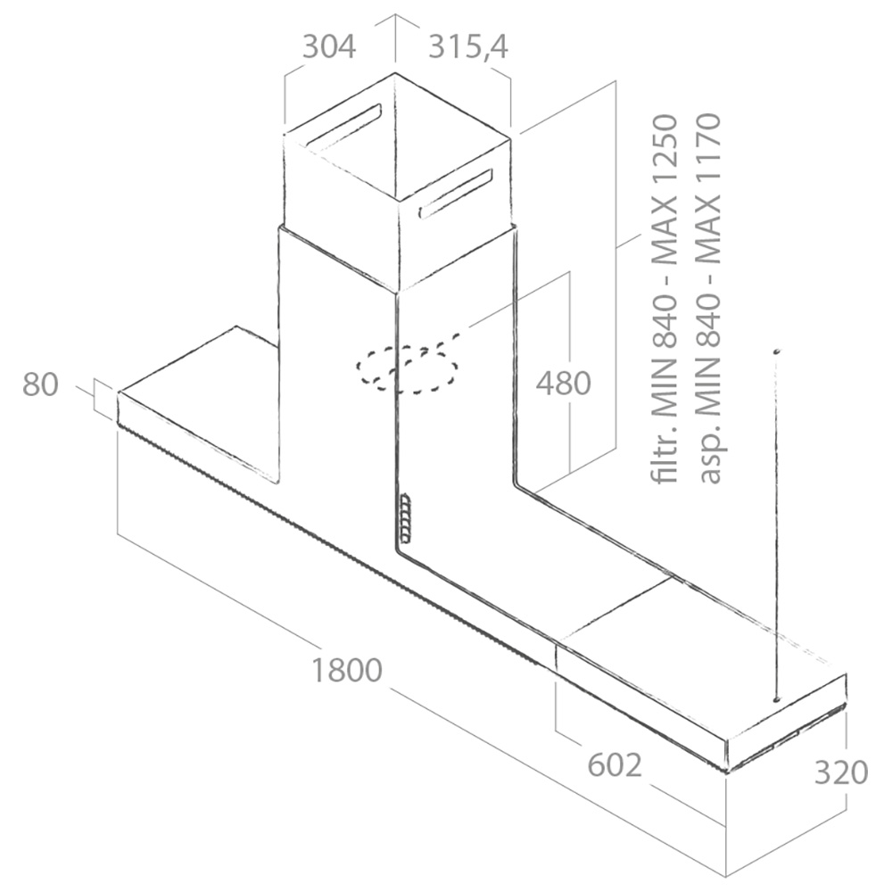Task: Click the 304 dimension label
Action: coord(329,46)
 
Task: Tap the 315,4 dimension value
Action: coord(467,46)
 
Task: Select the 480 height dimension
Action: coord(563,383)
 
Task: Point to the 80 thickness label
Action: coord(40,384)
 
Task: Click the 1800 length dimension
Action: coord(346,670)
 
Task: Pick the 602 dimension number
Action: coord(615,765)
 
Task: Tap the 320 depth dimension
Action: coord(841,773)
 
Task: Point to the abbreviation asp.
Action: coord(710,460)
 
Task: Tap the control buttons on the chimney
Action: coord(404,518)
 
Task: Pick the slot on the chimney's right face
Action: coord(455,194)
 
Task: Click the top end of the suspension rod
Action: coord(775,351)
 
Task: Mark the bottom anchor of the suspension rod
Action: coord(775,699)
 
